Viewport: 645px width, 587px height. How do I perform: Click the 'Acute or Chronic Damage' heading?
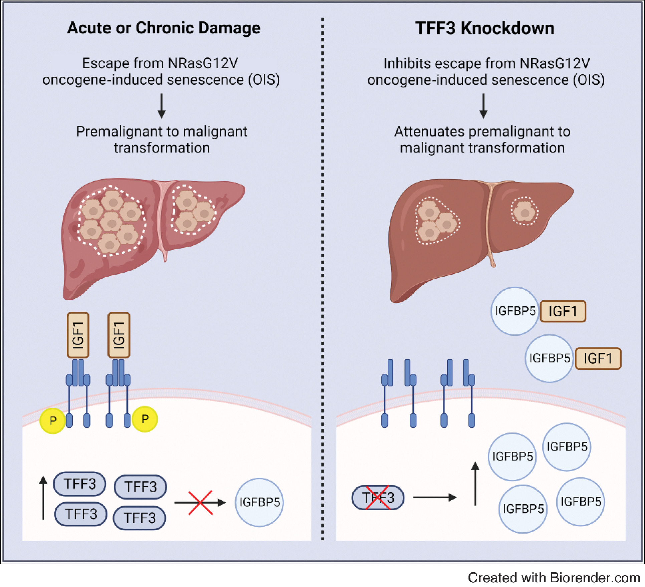pyautogui.click(x=164, y=28)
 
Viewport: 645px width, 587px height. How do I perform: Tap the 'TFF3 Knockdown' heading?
pyautogui.click(x=484, y=28)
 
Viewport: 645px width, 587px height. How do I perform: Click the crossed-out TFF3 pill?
pyautogui.click(x=378, y=498)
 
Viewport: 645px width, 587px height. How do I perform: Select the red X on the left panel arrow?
pyautogui.click(x=200, y=502)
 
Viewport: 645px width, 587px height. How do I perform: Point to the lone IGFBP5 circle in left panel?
pyautogui.click(x=259, y=502)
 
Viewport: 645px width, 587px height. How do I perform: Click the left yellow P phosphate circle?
pyautogui.click(x=52, y=420)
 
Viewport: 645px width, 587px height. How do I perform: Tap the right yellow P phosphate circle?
pyautogui.click(x=145, y=419)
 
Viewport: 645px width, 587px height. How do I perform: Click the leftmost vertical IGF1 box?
pyautogui.click(x=78, y=335)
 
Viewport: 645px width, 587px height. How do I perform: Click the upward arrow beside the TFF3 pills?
pyautogui.click(x=43, y=498)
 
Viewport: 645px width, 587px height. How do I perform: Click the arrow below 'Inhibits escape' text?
pyautogui.click(x=483, y=106)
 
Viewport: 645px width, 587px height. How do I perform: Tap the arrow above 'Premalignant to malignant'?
pyautogui.click(x=162, y=106)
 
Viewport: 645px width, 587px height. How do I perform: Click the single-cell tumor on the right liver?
pyautogui.click(x=524, y=211)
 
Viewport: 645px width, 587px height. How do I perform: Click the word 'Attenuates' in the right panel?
pyautogui.click(x=429, y=132)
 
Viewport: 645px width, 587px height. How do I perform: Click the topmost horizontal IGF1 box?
pyautogui.click(x=563, y=311)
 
